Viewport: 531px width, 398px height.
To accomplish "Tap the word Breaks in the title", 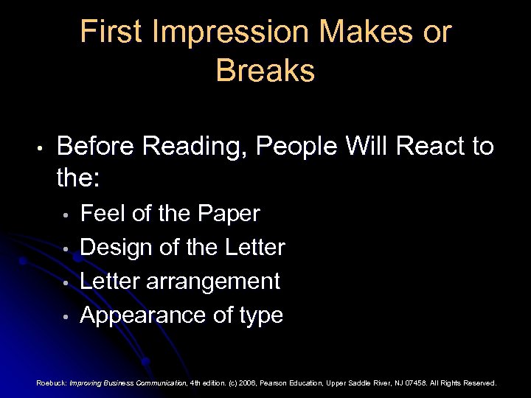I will pos(265,71).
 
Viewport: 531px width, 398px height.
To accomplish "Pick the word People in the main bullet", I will pos(299,147).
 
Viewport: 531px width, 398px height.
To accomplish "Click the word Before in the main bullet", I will pos(95,147).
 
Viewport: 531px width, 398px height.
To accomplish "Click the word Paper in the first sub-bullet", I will pos(229,214).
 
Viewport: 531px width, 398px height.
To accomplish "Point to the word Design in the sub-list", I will pos(114,248).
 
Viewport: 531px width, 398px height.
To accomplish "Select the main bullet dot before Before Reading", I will pos(42,148).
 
